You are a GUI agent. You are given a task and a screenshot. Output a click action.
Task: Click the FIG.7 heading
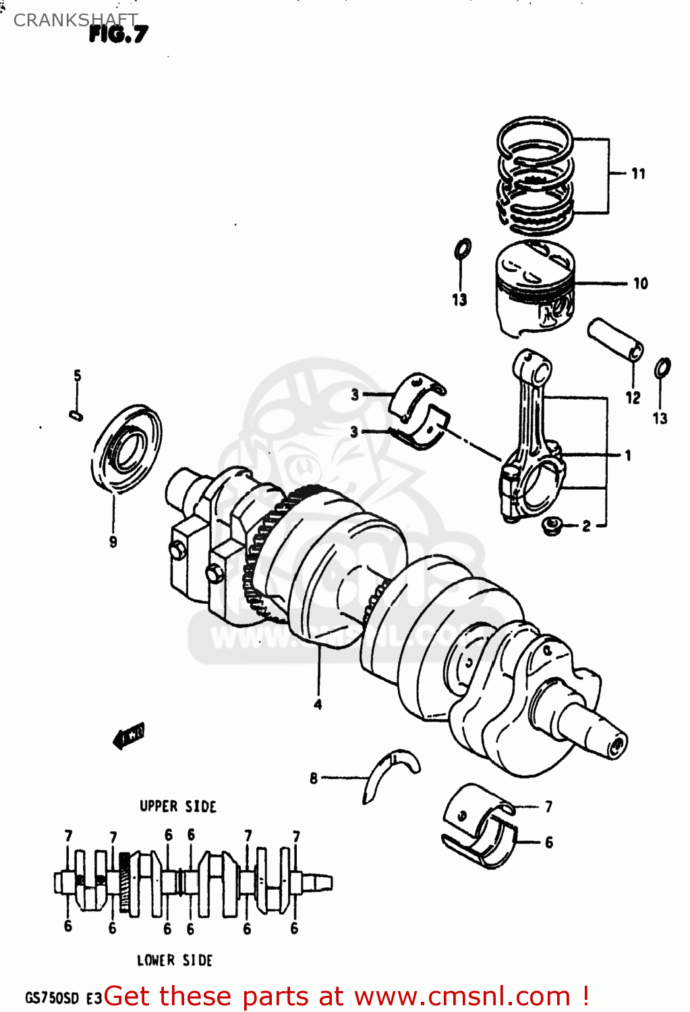118,34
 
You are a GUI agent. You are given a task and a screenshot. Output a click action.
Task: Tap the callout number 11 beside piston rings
638,174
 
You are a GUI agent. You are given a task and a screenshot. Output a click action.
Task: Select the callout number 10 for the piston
640,284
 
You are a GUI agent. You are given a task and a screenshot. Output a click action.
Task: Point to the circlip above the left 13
463,249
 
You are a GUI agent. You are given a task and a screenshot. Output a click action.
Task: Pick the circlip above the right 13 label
662,368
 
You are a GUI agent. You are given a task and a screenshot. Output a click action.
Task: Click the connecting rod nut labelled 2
553,526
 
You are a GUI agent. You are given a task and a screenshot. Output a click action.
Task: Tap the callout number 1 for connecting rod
628,456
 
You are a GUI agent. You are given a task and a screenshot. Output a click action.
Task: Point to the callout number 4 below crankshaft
318,704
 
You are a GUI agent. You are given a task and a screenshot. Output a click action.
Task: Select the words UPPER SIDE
177,807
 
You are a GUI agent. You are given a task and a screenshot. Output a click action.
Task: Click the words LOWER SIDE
175,960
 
